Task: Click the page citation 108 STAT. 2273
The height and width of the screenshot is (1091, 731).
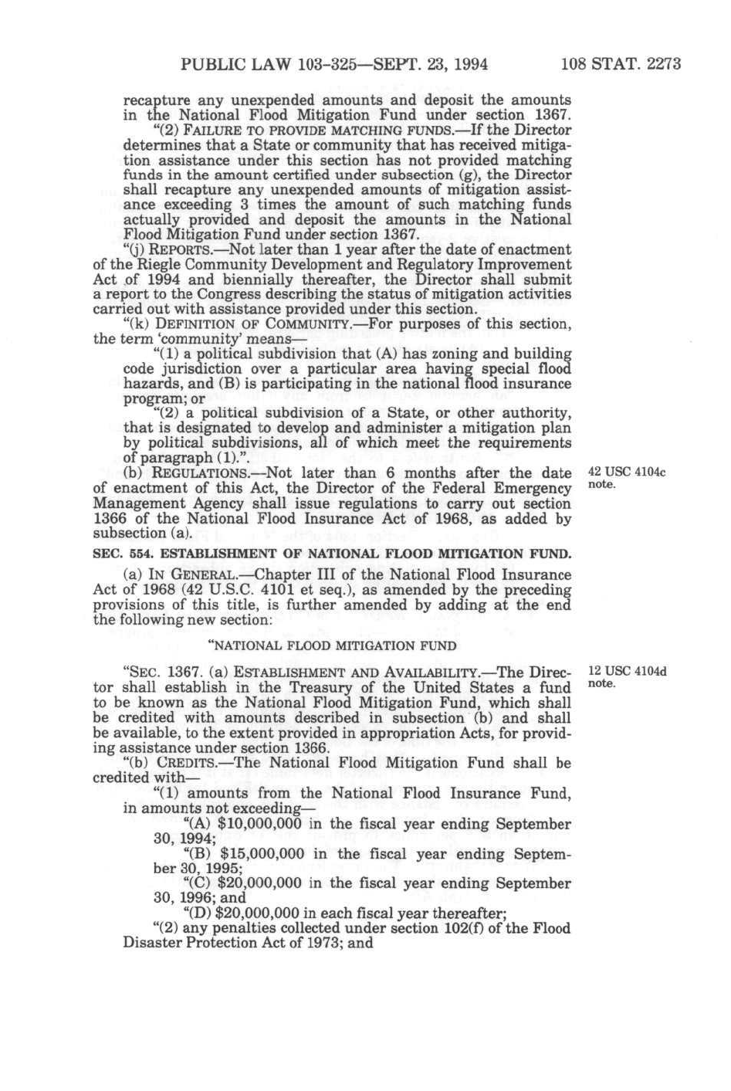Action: [x=621, y=63]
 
